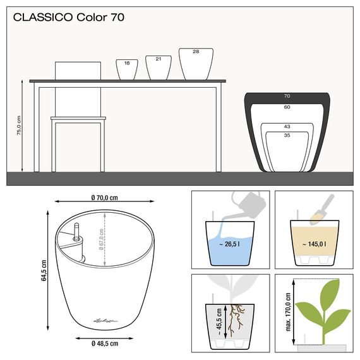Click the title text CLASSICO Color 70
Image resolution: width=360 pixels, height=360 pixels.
tap(69, 17)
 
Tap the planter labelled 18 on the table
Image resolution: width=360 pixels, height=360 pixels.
tap(127, 69)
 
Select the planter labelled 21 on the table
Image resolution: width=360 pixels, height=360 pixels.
tap(159, 67)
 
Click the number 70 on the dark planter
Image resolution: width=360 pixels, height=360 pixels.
tap(287, 97)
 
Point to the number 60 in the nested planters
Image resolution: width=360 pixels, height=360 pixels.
tap(287, 107)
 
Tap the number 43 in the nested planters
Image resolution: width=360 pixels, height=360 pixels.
tap(287, 126)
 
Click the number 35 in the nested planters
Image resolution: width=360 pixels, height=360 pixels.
tap(287, 135)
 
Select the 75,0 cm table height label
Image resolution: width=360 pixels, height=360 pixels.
tap(20, 126)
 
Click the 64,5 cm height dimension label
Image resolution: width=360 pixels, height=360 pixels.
tap(44, 270)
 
